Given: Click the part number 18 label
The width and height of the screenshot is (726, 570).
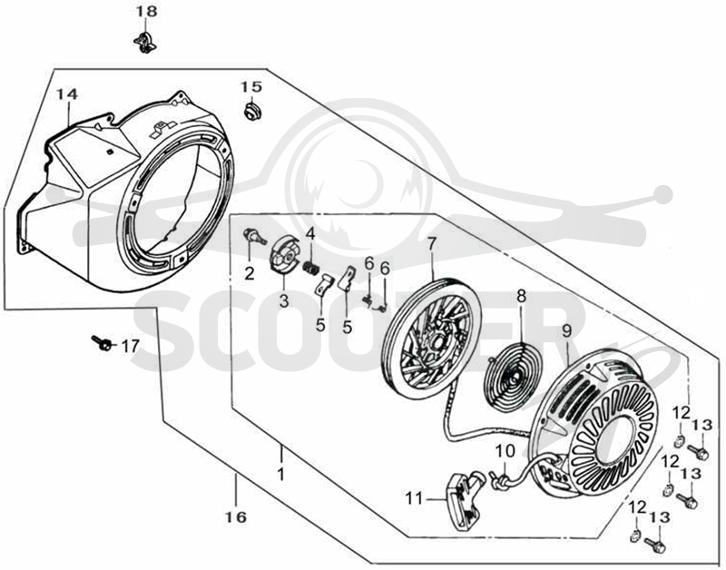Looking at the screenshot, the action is pos(146,12).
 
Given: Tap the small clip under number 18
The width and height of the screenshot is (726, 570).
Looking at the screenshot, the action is pos(145,42).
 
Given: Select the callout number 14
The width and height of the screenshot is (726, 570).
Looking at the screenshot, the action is pos(67,94).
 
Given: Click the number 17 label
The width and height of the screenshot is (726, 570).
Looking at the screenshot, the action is pos(130,346).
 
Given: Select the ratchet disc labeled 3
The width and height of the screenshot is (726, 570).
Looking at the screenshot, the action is pos(285,256).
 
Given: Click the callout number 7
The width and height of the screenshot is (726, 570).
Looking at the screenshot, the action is pos(431,243).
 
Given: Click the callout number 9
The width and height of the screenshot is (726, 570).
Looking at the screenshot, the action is pos(566,331).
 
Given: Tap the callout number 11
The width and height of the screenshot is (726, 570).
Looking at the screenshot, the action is pos(415,498).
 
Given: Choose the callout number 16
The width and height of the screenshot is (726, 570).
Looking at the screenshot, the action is pos(236,516).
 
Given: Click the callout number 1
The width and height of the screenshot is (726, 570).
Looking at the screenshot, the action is pos(280,474).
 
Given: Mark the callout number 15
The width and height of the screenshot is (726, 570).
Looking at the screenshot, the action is pos(251,86).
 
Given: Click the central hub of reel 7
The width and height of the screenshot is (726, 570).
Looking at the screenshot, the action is pos(436,343).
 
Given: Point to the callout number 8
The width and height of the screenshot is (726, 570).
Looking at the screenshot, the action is pos(522,296).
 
